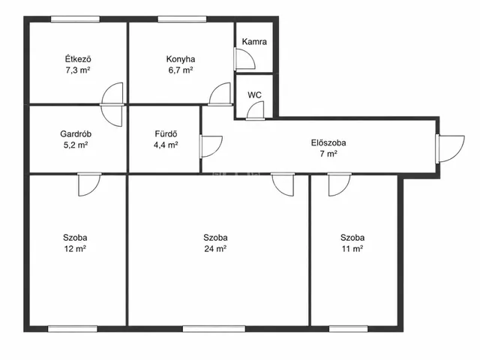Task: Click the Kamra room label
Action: pyautogui.click(x=254, y=42)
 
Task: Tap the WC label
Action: pyautogui.click(x=255, y=95)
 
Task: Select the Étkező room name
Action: pyautogui.click(x=78, y=58)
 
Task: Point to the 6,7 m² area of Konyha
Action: pyautogui.click(x=181, y=70)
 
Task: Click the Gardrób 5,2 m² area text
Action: pyautogui.click(x=76, y=145)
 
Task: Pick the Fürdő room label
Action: pyautogui.click(x=166, y=133)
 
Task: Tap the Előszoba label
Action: pyautogui.click(x=328, y=142)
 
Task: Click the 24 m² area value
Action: pyautogui.click(x=215, y=248)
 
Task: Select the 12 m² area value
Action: pyautogui.click(x=75, y=248)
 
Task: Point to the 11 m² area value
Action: pyautogui.click(x=352, y=248)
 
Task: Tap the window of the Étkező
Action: pyautogui.click(x=75, y=19)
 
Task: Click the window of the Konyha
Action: pyautogui.click(x=181, y=19)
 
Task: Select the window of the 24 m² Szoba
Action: pyautogui.click(x=214, y=329)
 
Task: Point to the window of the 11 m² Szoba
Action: pyautogui.click(x=348, y=329)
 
